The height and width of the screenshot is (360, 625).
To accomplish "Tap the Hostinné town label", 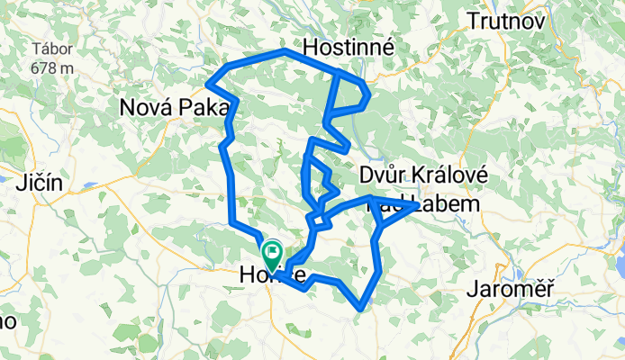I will tap(349, 47).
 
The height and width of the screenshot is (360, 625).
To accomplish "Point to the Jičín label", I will tap(38, 184).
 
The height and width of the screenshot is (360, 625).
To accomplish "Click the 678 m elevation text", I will tap(51, 67).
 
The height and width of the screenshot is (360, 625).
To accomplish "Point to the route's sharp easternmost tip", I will tap(416, 205).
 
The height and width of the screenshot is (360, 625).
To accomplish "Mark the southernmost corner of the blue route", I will tap(360, 308).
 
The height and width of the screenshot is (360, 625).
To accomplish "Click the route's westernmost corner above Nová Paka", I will tap(208, 84).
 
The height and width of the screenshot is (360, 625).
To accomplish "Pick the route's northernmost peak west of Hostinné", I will tap(285, 53).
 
